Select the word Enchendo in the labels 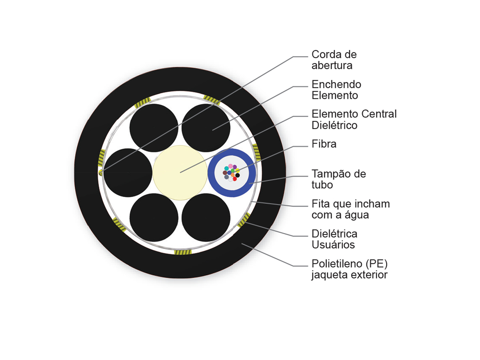pyautogui.click(x=336, y=84)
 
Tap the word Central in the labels pyautogui.click(x=379, y=114)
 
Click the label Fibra pyautogui.click(x=324, y=144)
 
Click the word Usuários pyautogui.click(x=333, y=244)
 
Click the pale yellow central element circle pyautogui.click(x=180, y=173)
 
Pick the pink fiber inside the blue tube pyautogui.click(x=230, y=166)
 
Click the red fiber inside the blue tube pyautogui.click(x=235, y=179)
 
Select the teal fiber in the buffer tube pyautogui.click(x=226, y=168)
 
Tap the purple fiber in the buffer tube pyautogui.click(x=235, y=167)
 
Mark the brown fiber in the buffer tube pyautogui.click(x=225, y=173)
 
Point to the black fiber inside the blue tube pyautogui.click(x=238, y=175)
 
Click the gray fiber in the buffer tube pyautogui.click(x=226, y=177)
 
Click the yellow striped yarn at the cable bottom pyautogui.click(x=183, y=252)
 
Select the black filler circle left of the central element pyautogui.click(x=128, y=173)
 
